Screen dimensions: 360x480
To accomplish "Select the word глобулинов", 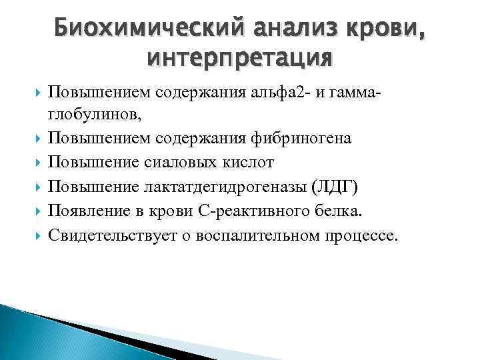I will pos(93,115).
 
